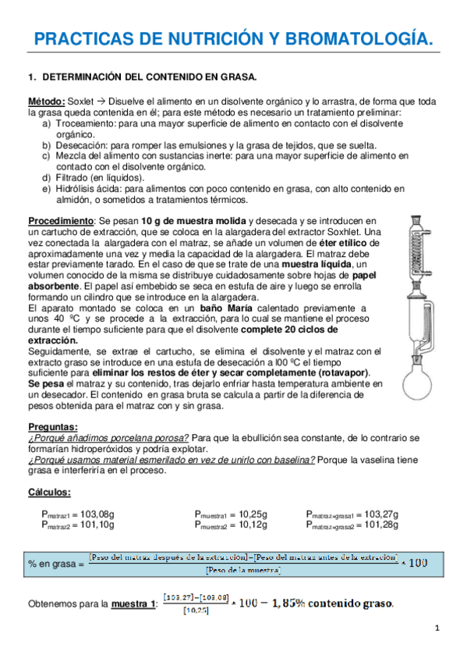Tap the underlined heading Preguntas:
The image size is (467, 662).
(53, 426)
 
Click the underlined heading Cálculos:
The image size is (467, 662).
(50, 491)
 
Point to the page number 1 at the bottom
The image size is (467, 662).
(438, 628)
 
